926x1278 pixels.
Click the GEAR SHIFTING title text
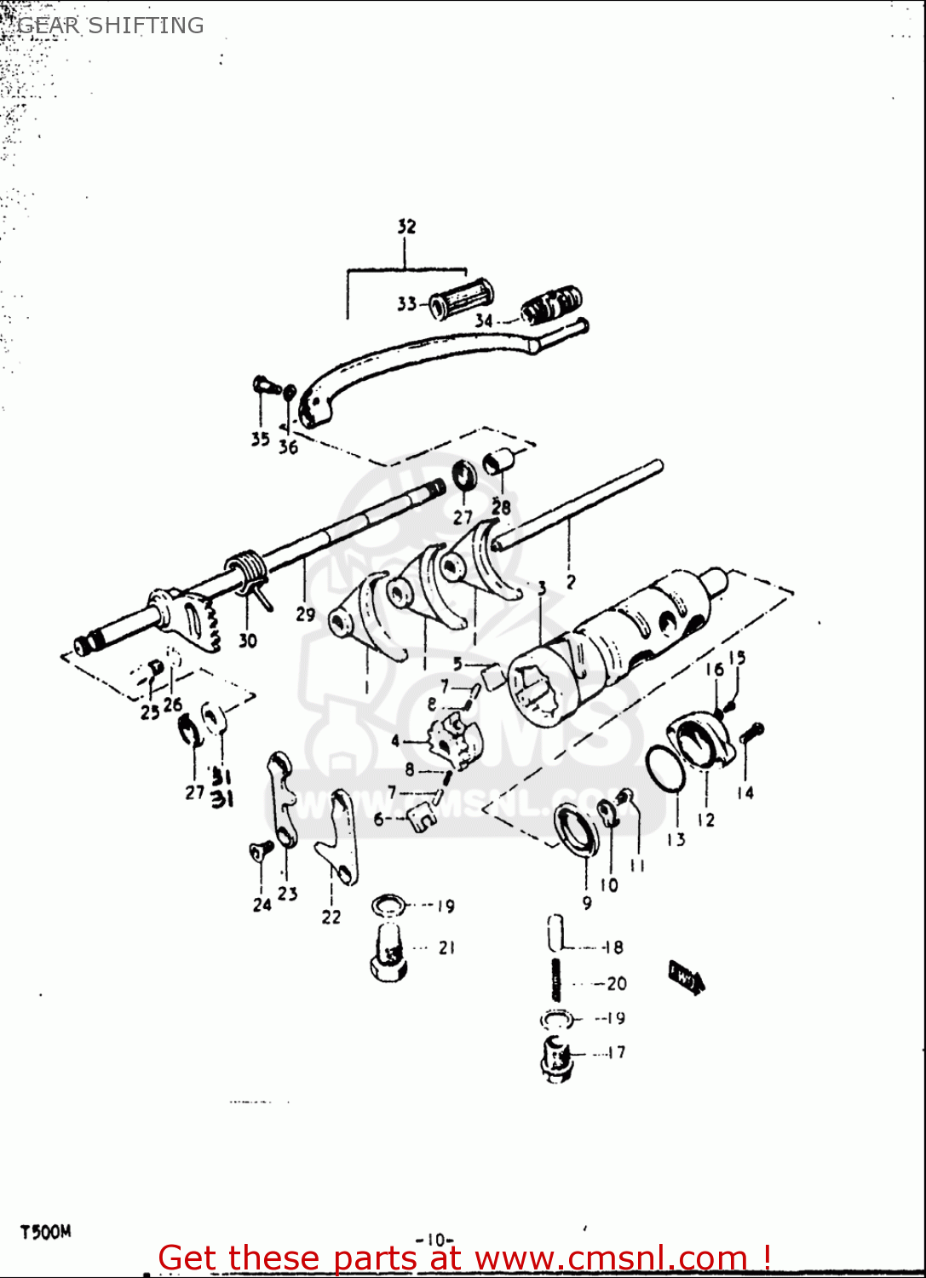pos(111,26)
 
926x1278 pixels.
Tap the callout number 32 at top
pos(406,227)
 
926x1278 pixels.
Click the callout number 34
pos(483,320)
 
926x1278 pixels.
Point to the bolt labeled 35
pos(267,386)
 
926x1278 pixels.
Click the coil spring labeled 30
pos(246,570)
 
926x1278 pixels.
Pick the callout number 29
pos(305,613)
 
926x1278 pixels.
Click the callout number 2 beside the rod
pos(571,582)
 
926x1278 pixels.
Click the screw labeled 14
pos(752,732)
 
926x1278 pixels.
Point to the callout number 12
pos(705,820)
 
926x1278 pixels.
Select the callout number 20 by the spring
pos(617,983)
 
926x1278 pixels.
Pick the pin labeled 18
pos(555,932)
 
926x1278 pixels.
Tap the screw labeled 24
pos(260,850)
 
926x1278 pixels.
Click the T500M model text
pos(46,1232)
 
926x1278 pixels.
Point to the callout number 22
pos(331,917)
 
